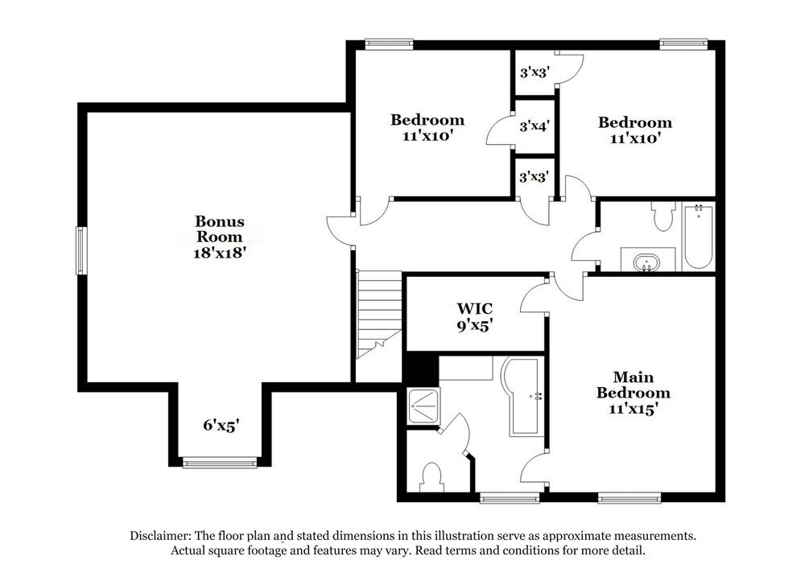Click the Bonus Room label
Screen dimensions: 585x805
[x=219, y=229]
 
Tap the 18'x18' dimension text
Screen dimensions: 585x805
[x=219, y=252]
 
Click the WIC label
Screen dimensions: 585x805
[x=475, y=309]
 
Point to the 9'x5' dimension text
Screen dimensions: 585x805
[x=475, y=326]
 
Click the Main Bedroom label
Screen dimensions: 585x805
[x=633, y=385]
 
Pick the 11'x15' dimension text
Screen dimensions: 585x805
[x=633, y=408]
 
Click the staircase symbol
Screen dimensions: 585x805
[x=378, y=314]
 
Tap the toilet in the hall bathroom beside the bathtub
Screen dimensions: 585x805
[x=664, y=215]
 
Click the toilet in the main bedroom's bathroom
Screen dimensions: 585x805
[x=433, y=476]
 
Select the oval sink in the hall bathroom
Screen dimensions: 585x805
[x=646, y=262]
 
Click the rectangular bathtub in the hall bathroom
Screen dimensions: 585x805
[x=697, y=237]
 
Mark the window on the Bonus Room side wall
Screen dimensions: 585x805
[x=80, y=251]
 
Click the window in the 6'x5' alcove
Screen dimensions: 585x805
[x=219, y=462]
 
